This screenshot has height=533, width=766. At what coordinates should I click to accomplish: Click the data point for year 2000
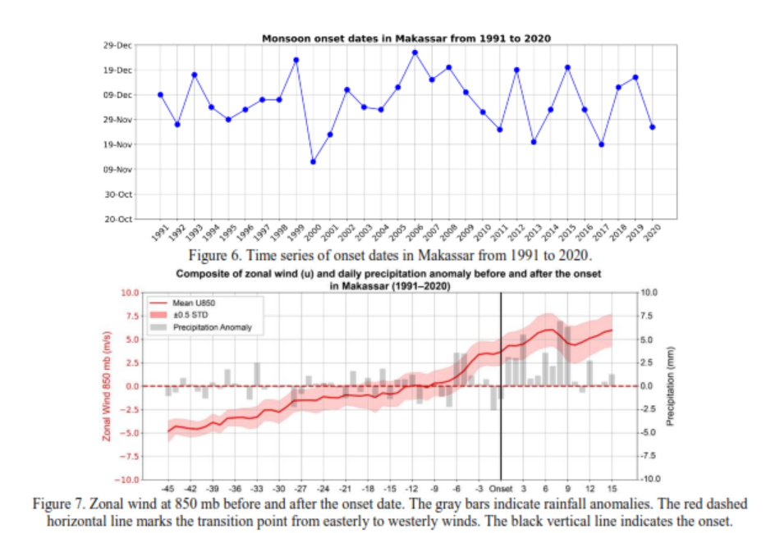(x=313, y=162)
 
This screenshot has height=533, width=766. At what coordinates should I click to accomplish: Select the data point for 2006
(x=415, y=52)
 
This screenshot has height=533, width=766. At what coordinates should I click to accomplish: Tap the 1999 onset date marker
(x=296, y=60)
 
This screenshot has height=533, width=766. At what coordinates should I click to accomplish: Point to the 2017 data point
(x=602, y=144)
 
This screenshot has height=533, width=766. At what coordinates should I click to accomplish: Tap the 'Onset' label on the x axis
(x=501, y=489)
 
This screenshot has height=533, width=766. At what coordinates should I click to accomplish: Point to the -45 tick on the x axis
(x=167, y=489)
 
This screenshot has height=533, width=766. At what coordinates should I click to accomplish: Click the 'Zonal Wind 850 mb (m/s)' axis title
(x=107, y=385)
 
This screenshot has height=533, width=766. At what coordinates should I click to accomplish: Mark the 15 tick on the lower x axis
(x=612, y=489)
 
